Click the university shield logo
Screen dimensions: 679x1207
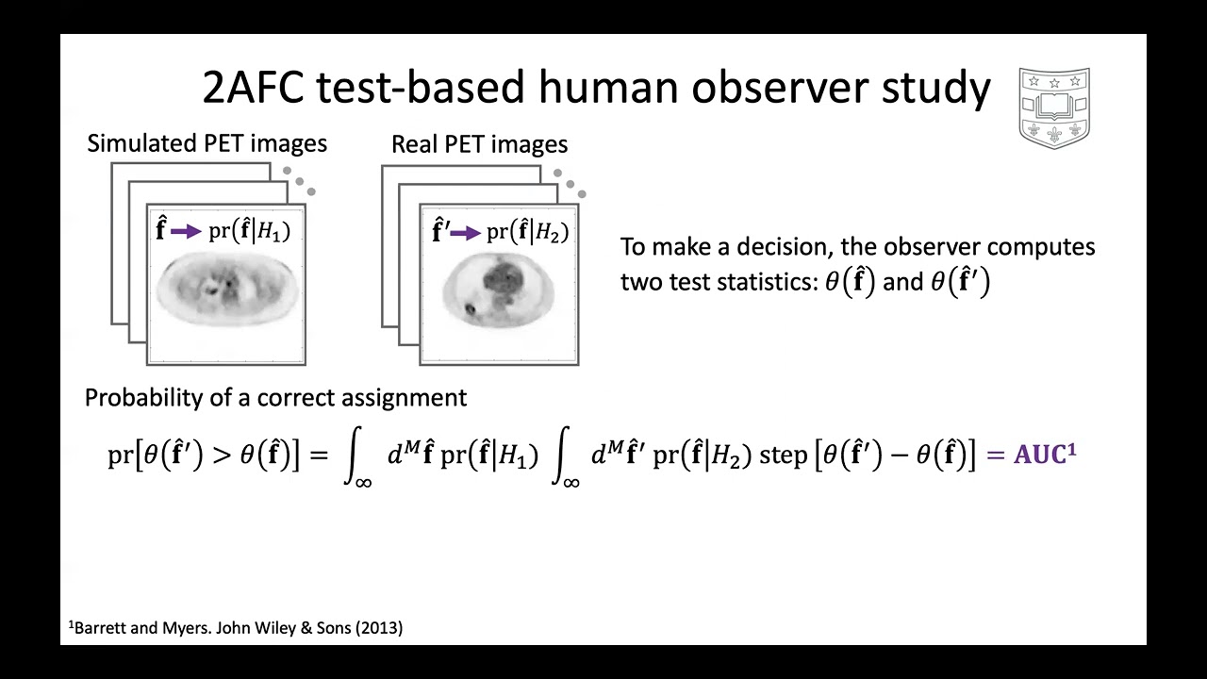[1054, 107]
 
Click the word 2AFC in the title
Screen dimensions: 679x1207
[254, 88]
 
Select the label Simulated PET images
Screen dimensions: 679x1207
[207, 143]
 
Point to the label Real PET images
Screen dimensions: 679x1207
[479, 144]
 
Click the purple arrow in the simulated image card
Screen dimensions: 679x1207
[186, 232]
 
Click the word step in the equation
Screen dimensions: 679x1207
[783, 455]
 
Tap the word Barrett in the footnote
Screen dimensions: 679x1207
[100, 627]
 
